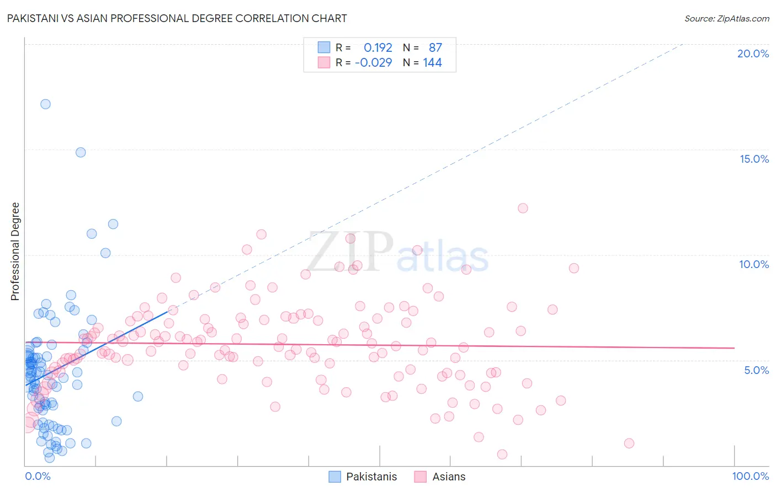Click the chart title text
click(x=177, y=18)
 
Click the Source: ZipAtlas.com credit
click(x=726, y=18)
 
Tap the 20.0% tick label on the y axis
click(x=753, y=54)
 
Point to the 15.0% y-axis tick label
click(x=754, y=159)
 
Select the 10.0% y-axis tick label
click(x=754, y=264)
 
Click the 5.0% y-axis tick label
click(x=756, y=370)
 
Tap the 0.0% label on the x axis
click(x=38, y=476)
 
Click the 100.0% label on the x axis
click(x=750, y=476)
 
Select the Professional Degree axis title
click(x=15, y=252)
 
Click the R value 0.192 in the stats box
click(x=378, y=48)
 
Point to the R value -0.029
click(x=373, y=63)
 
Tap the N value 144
click(x=432, y=63)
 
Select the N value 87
click(x=435, y=48)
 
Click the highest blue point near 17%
click(x=45, y=104)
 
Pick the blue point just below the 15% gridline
click(x=81, y=152)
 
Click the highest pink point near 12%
click(x=523, y=208)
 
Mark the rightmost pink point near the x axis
click(x=629, y=443)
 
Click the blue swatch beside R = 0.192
click(x=324, y=48)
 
